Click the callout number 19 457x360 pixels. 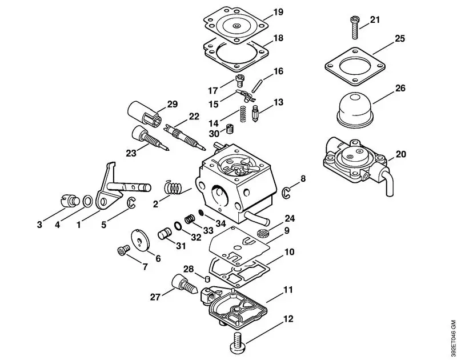click(278, 12)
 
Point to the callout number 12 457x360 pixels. click(288, 318)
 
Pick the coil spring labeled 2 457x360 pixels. click(173, 186)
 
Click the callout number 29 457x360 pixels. click(172, 104)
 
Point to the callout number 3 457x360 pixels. click(39, 225)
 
